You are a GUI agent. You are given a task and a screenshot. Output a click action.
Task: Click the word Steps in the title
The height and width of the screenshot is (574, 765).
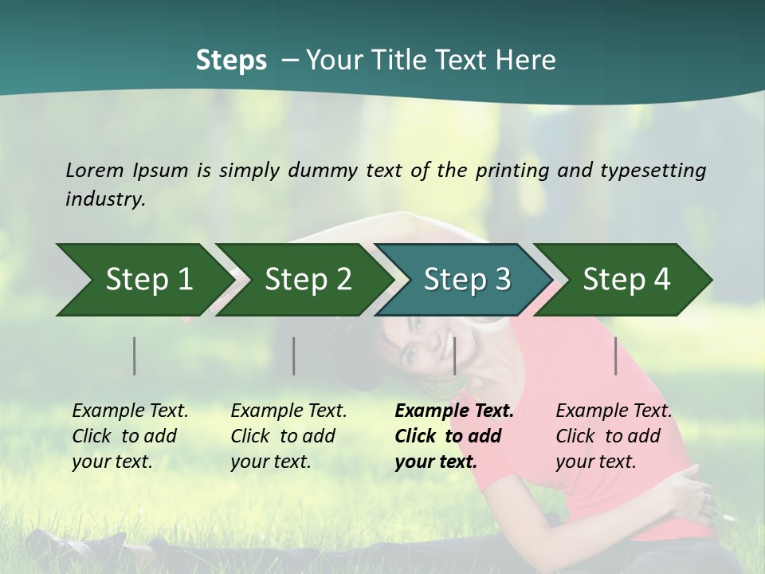coord(231,61)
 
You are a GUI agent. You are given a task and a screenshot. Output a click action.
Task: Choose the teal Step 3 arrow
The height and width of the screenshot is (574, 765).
coord(467,280)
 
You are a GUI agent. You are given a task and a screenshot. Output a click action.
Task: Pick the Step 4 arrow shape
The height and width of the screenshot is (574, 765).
coord(626,280)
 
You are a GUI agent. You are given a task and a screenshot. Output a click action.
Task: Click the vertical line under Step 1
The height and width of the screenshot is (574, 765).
coord(135,356)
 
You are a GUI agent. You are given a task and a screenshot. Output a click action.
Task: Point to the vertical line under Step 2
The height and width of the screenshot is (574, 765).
coord(294,356)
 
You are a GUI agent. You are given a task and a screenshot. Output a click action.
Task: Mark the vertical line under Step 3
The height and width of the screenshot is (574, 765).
coord(454,356)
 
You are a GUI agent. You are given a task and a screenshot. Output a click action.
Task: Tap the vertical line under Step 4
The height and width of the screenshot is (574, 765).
coord(616,356)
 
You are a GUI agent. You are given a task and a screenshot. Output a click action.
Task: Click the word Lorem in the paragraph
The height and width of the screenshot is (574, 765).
coord(95,170)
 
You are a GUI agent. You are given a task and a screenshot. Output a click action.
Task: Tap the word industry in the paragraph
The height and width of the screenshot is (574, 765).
coord(105,199)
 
